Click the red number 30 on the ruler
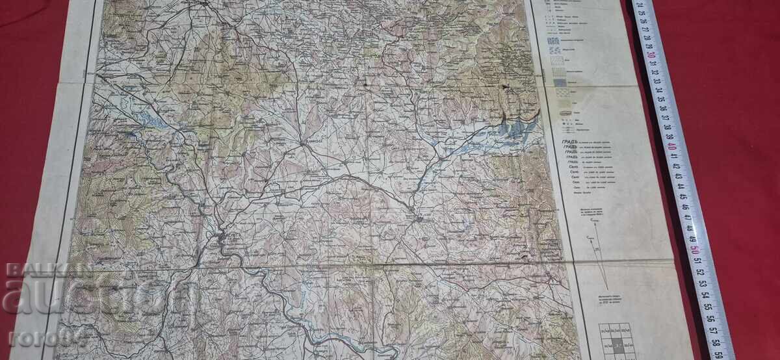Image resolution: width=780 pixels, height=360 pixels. (651, 56)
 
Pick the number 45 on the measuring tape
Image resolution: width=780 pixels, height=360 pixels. (682, 196)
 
